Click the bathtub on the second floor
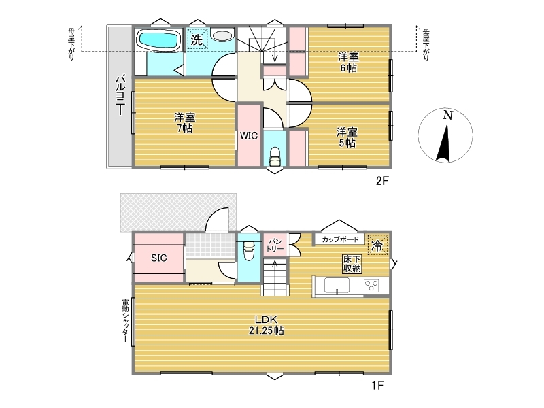(159, 40)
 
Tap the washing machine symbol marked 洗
(197, 39)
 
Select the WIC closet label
(249, 135)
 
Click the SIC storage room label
(159, 258)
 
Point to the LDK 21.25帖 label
(266, 325)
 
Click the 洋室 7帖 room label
(184, 122)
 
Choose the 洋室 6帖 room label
(348, 62)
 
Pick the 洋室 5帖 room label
(347, 137)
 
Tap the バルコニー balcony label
(120, 95)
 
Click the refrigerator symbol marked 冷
(377, 245)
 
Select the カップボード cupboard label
(340, 239)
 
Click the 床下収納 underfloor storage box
(352, 264)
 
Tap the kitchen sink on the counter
(337, 286)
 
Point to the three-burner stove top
(371, 286)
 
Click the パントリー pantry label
(275, 245)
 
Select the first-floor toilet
(249, 250)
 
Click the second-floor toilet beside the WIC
(275, 156)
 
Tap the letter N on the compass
(448, 115)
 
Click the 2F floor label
(382, 180)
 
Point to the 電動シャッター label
(125, 320)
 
